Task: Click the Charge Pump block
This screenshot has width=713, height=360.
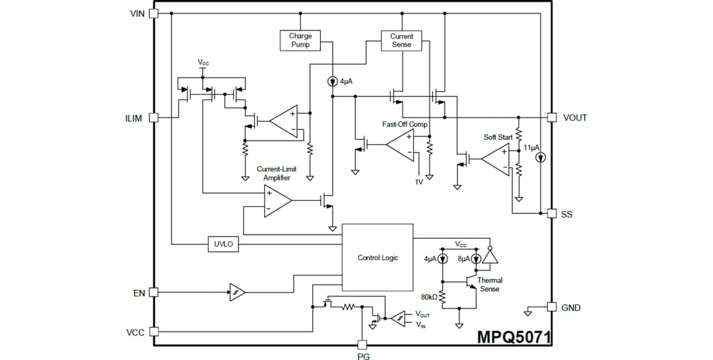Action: click(x=300, y=40)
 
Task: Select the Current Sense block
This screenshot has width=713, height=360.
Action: click(x=401, y=40)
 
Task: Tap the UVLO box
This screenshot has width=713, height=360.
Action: click(x=223, y=244)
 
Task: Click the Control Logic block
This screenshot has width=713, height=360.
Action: click(x=378, y=258)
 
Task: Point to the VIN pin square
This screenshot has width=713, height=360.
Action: click(x=154, y=13)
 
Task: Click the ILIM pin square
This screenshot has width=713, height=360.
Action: click(x=154, y=118)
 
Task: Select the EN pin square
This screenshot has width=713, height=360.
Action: click(x=154, y=292)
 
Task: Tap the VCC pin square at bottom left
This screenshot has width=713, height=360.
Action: click(x=154, y=332)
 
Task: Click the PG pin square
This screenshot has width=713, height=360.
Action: click(x=362, y=344)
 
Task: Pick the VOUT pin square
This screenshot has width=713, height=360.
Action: click(x=552, y=118)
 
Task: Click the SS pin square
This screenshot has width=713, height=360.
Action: click(x=552, y=213)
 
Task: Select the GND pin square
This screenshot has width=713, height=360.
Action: click(x=552, y=307)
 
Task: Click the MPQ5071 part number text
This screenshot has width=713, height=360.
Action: click(x=514, y=337)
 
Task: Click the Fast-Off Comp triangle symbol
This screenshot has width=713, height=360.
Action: click(x=401, y=145)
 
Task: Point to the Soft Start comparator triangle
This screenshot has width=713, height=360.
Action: click(x=495, y=159)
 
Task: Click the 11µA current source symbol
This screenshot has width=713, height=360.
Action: click(x=540, y=158)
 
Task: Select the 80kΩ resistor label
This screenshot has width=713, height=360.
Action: click(x=429, y=297)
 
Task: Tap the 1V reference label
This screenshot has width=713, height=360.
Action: click(x=419, y=182)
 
